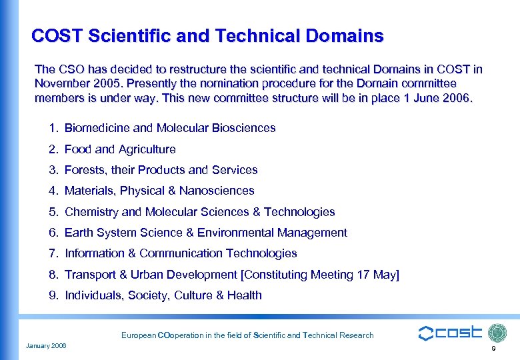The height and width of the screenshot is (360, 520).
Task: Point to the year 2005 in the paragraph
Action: (x=109, y=84)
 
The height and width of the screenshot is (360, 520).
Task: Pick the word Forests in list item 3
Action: (x=85, y=170)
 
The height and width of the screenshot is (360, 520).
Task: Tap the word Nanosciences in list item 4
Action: (x=217, y=191)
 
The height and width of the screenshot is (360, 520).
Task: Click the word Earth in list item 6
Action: (x=79, y=233)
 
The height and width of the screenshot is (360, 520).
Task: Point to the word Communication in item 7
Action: (x=181, y=253)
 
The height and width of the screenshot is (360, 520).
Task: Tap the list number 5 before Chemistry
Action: (x=53, y=212)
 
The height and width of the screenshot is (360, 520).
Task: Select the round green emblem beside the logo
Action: (x=497, y=333)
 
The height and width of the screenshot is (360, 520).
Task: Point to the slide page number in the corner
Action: (x=493, y=349)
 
